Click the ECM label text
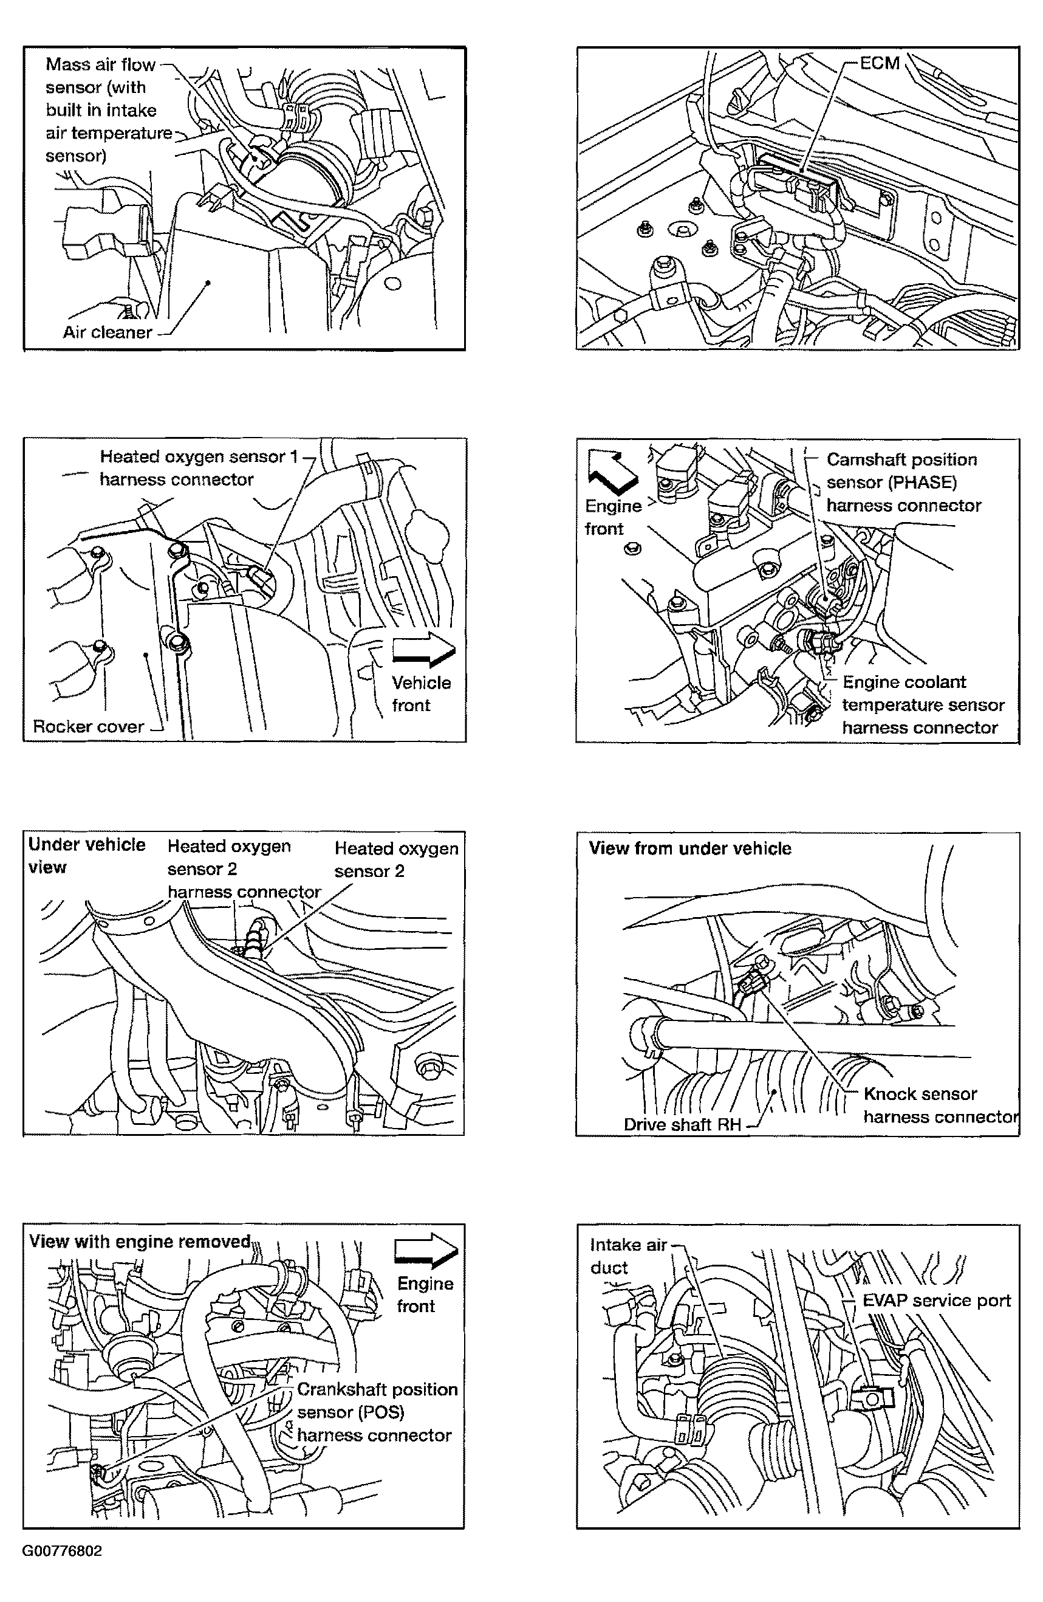[x=880, y=63]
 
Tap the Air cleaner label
[x=107, y=332]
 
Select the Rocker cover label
[x=88, y=726]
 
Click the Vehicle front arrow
[x=423, y=651]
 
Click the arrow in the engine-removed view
[x=426, y=1251]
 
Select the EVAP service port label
[x=936, y=1301]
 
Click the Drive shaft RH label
[x=682, y=1124]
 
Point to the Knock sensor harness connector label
[x=939, y=1105]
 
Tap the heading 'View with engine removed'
[x=140, y=1241]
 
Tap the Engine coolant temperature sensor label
[x=923, y=705]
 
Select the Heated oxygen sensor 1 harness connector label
[x=199, y=468]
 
